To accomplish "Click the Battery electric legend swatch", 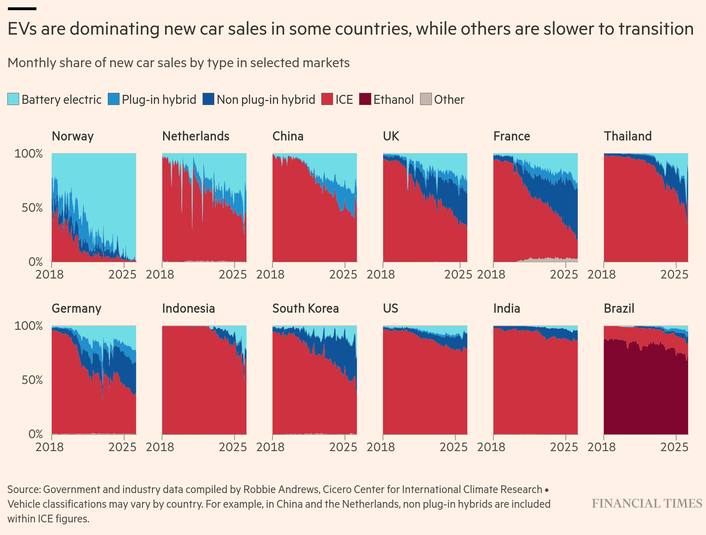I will coord(13,99).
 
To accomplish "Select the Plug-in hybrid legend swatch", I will coord(113,99).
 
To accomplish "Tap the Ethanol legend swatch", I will coord(365,99).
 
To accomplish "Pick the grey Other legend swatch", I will coord(426,99).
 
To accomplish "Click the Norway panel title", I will coord(72,136).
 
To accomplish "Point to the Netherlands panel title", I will coord(196,136).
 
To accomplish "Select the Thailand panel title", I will coord(628,136).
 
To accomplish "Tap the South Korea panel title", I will coord(305,308).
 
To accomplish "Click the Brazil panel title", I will coord(619,308).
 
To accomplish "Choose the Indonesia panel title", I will coord(188,308).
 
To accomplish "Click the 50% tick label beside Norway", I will coord(32,208).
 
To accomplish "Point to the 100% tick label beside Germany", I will coord(28,326).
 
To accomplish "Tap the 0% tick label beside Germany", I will coord(35,434).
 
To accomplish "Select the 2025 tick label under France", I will coord(564,274).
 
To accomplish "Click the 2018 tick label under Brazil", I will coord(601,447).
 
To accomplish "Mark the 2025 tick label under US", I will coord(453,447).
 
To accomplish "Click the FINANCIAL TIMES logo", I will coord(647,504).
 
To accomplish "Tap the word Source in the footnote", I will coord(24,489).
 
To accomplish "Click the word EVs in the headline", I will coord(22,29).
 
